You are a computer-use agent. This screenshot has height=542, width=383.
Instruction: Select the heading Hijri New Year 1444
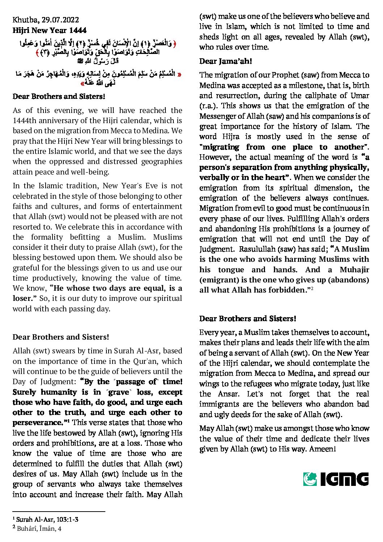pos(50,30)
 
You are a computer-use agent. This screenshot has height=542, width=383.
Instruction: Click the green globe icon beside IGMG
pos(310,479)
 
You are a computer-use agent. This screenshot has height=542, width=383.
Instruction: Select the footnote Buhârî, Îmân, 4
pos(39,529)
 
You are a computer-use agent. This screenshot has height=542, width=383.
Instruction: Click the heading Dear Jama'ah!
pos(226,61)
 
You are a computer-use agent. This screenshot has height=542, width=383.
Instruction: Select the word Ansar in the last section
pos(228,394)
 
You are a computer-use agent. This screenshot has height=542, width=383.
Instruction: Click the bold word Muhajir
pos(354,270)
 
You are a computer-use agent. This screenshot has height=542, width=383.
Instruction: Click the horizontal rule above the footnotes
pos(59,512)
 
